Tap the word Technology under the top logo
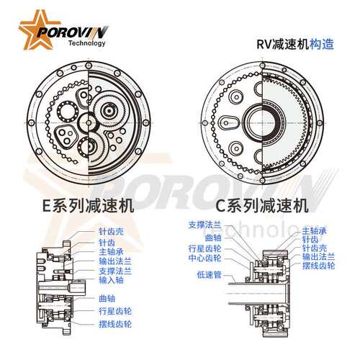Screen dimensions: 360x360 coord(87,43)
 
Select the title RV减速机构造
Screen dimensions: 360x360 coord(295,44)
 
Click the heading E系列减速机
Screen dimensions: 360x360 coord(88,206)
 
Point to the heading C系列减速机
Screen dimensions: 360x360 coord(262,206)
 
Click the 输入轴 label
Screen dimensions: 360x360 coord(112,280)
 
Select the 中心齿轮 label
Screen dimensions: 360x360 coord(204,258)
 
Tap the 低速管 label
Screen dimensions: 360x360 coord(209,275)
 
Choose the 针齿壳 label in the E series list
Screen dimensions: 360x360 coord(112,232)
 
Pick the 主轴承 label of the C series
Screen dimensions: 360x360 coord(315,231)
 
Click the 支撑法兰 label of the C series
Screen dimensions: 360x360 coord(204,225)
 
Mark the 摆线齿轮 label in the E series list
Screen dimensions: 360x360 coord(115,324)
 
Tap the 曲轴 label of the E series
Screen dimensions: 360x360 coord(107,299)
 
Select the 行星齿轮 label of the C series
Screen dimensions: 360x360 coord(204,248)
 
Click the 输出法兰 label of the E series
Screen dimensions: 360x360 coord(115,261)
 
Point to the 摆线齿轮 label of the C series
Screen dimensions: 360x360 coord(318,266)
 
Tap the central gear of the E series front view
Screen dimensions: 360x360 coord(89,123)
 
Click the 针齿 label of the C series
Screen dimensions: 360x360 coord(310,240)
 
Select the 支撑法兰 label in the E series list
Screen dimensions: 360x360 coord(115,271)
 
